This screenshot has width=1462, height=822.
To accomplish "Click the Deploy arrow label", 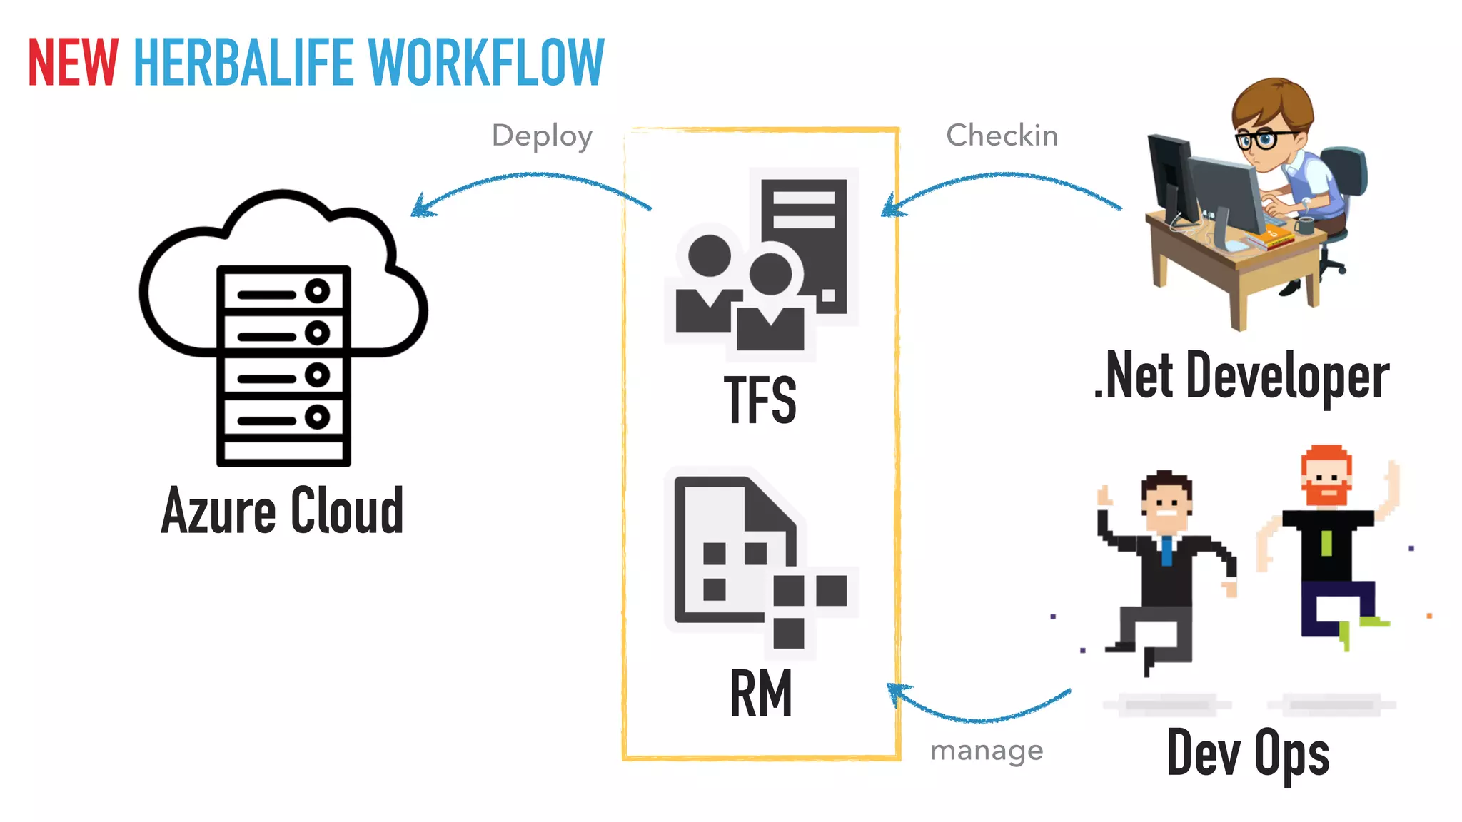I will tap(542, 136).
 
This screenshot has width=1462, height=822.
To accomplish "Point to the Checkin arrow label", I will tap(1002, 136).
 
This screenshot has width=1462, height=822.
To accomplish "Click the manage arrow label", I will tap(987, 750).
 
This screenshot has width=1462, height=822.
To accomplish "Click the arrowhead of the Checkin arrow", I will tap(891, 207).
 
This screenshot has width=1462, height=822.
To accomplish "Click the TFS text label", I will tap(760, 400).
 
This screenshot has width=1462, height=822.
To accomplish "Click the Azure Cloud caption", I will tap(283, 511).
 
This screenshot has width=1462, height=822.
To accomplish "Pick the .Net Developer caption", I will tap(1242, 376).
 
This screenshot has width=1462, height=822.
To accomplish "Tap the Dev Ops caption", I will tap(1248, 753).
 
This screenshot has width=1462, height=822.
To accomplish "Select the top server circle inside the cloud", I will tap(317, 291).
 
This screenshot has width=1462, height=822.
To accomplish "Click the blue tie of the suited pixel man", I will tap(1166, 551).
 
